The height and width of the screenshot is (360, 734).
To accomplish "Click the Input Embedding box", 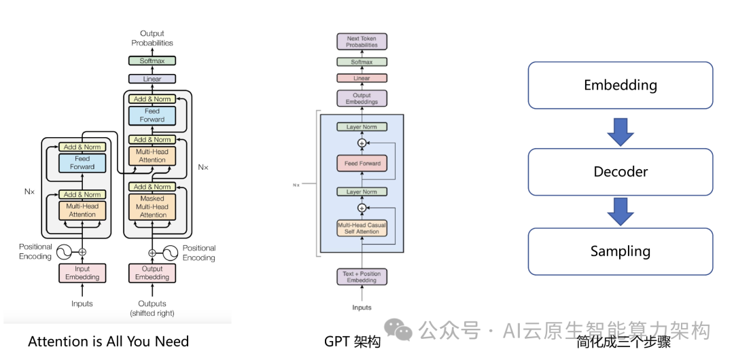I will (82, 272).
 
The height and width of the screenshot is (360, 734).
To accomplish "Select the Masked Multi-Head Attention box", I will (152, 206).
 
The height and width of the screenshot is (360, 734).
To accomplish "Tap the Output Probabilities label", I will (152, 38).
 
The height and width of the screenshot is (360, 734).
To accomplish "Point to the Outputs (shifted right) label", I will (152, 308).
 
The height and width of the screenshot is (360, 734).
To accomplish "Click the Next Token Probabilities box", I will (362, 42).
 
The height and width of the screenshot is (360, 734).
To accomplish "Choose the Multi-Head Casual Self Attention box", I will (362, 228).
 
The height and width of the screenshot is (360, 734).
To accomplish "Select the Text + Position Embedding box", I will (362, 277).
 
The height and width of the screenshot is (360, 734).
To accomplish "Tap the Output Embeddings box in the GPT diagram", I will (362, 99).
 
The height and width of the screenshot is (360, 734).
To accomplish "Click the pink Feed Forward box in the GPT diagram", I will (362, 163).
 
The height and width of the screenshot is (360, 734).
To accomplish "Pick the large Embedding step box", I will (621, 86).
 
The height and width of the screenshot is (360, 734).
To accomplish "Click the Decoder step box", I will (621, 172).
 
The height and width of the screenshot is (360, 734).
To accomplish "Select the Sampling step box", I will (621, 251).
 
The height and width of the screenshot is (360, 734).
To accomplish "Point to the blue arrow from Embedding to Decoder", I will (621, 131).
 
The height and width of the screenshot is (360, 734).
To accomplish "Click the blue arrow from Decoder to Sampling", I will (621, 211).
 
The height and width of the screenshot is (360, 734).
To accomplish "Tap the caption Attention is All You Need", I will (108, 342).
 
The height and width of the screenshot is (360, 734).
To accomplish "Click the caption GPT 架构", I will (352, 342).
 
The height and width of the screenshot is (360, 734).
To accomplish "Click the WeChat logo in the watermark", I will (398, 330).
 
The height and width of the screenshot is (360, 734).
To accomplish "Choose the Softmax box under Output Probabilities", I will (152, 61).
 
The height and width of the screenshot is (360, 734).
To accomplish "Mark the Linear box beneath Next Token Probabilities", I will (362, 78).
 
